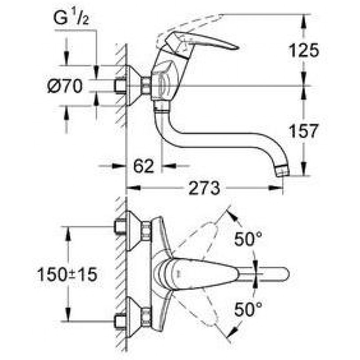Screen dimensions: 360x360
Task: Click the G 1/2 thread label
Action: [71, 18]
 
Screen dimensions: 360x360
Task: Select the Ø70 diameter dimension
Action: [65, 86]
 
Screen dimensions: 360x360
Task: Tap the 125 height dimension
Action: [304, 50]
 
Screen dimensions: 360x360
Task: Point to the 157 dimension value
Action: [304, 130]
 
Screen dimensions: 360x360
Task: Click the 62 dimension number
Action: [144, 166]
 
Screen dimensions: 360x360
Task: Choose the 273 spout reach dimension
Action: [204, 188]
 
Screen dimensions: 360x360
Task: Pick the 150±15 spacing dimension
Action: [67, 274]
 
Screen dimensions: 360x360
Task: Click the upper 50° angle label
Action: [248, 239]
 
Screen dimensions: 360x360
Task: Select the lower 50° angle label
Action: [248, 309]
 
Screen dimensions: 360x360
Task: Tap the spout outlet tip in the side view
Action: [283, 171]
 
